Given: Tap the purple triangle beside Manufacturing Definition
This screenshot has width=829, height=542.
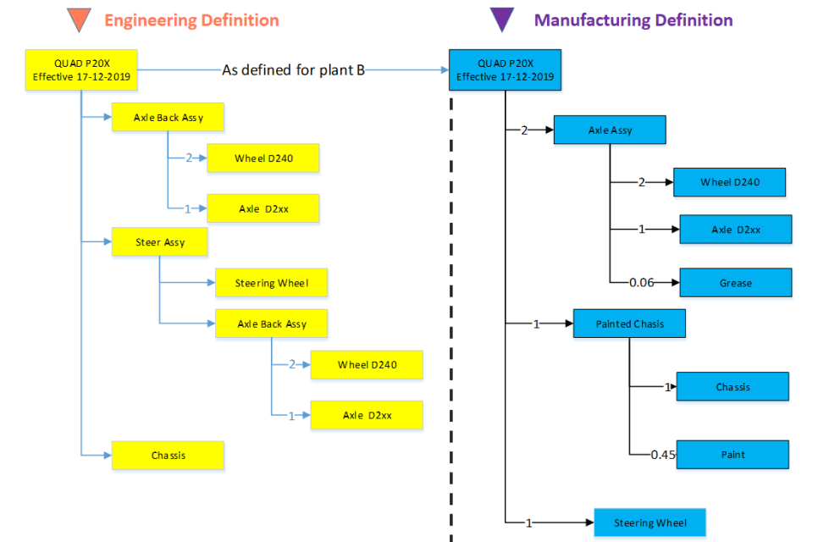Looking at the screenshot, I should pyautogui.click(x=502, y=19).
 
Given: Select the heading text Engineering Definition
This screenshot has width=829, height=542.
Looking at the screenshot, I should pyautogui.click(x=191, y=19).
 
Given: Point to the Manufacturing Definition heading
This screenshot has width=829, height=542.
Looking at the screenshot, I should pyautogui.click(x=633, y=19).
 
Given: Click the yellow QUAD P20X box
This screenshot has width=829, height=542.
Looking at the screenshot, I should pyautogui.click(x=81, y=69).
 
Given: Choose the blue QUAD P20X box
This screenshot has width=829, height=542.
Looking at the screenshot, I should pyautogui.click(x=505, y=69).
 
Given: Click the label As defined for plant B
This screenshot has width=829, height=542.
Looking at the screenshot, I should pyautogui.click(x=293, y=70).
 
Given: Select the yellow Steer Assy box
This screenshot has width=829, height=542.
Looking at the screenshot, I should pyautogui.click(x=160, y=242).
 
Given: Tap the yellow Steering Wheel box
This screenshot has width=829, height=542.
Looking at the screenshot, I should pyautogui.click(x=271, y=283).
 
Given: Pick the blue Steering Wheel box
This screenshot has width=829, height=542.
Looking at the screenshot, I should pyautogui.click(x=649, y=523).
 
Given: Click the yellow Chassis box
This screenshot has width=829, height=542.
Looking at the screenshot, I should pyautogui.click(x=168, y=456).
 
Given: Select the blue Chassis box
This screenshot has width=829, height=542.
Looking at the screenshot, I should pyautogui.click(x=732, y=386).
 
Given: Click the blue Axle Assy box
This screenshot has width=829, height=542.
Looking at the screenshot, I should pyautogui.click(x=610, y=130).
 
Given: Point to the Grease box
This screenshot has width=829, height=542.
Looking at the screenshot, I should pyautogui.click(x=735, y=283).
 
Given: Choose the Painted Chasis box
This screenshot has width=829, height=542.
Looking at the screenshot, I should pyautogui.click(x=629, y=324).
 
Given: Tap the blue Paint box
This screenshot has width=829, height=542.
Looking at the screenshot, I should pyautogui.click(x=732, y=455).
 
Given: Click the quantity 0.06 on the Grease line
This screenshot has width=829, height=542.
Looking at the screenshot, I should pyautogui.click(x=642, y=283).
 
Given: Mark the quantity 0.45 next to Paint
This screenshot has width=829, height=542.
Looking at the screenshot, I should pyautogui.click(x=663, y=455).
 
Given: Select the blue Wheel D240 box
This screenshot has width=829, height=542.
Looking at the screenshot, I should pyautogui.click(x=729, y=182).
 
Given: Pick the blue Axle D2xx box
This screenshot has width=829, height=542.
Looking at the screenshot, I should pyautogui.click(x=735, y=230).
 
